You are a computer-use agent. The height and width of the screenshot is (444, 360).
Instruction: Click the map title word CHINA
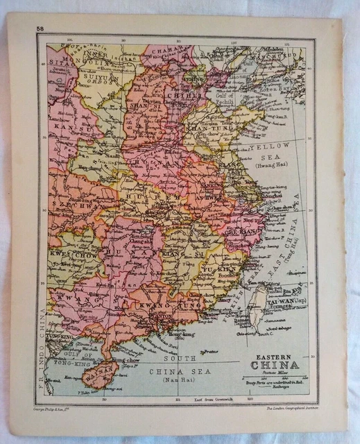(x=275, y=366)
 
